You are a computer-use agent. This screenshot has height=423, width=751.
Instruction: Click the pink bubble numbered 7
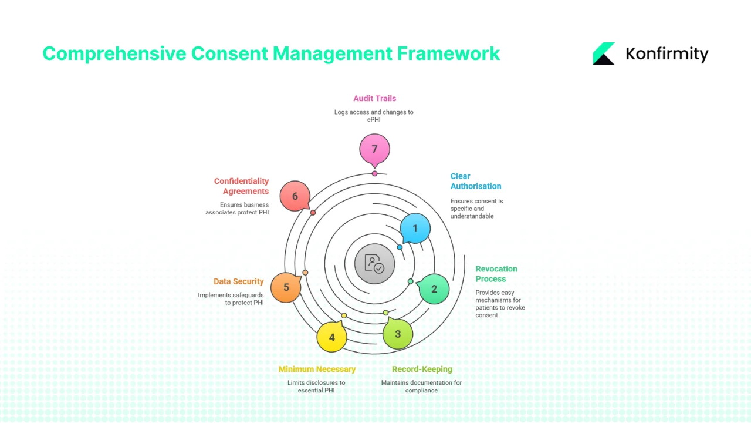[374, 149]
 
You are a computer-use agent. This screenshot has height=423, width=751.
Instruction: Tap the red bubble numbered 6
[295, 196]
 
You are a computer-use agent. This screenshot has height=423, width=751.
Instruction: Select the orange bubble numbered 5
[286, 287]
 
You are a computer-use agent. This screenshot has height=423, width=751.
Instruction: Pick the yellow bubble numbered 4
[331, 337]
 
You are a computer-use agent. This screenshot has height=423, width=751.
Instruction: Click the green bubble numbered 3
[398, 334]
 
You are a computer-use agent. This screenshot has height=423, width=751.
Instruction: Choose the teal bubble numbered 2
[434, 288]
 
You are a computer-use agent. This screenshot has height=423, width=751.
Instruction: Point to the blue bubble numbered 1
[415, 228]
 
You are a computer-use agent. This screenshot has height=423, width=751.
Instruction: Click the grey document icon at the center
[374, 263]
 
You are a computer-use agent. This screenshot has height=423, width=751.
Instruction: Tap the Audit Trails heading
[374, 98]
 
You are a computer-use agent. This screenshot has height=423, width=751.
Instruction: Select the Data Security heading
[238, 281]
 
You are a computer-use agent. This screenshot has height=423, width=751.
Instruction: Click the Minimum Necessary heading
[317, 369]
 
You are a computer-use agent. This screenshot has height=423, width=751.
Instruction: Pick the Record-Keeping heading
[422, 369]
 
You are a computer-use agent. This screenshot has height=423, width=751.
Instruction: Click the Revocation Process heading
[496, 274]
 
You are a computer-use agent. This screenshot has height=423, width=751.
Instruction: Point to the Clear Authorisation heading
[475, 181]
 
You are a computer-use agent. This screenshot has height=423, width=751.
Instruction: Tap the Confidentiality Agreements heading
[241, 186]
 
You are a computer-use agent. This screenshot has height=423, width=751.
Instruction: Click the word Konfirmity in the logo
[667, 54]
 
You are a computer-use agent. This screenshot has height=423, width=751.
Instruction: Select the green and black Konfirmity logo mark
[604, 53]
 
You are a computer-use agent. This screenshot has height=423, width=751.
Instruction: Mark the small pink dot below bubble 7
[374, 173]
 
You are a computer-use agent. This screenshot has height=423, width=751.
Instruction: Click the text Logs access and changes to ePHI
[374, 115]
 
